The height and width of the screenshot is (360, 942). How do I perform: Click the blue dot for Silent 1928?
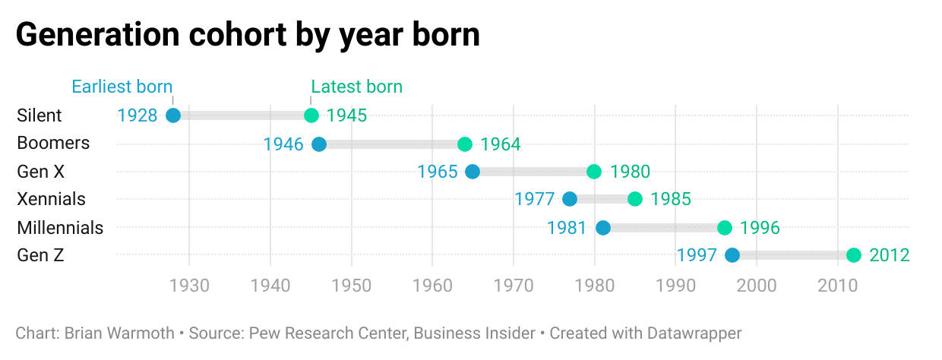coord(173,115)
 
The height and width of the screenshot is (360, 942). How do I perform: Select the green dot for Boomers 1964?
coord(465,144)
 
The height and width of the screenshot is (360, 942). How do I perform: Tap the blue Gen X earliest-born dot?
coord(473,172)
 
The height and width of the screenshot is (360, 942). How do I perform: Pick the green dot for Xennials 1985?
coord(635,199)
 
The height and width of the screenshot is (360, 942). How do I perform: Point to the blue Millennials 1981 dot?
coord(603,227)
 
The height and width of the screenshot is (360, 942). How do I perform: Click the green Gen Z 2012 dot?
coord(854,255)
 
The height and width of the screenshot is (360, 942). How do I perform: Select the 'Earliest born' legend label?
coord(122,87)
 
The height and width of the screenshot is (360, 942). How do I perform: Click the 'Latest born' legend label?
coord(357,87)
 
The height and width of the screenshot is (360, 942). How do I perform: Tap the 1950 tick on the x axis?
coord(352,286)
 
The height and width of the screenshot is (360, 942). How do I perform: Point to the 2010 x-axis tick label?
coord(838,286)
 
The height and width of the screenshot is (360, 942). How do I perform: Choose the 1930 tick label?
coord(189,286)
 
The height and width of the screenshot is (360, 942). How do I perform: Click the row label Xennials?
coord(51,199)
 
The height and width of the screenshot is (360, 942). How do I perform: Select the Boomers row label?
coord(53,144)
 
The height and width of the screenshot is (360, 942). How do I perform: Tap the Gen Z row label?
coord(40,255)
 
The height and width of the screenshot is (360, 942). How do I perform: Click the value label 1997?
coord(697,255)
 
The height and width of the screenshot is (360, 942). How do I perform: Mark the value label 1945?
coord(347,115)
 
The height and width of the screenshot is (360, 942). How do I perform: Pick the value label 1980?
coord(630,172)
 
